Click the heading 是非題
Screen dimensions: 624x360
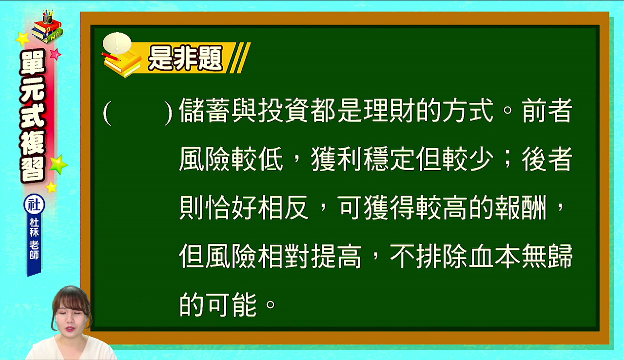click(x=186, y=58)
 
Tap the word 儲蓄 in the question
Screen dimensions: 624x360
click(x=204, y=110)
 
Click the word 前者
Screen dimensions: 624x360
click(x=547, y=110)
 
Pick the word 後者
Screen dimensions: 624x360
click(x=547, y=159)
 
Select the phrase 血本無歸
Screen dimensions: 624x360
click(x=520, y=257)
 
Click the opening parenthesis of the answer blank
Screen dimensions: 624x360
click(x=107, y=113)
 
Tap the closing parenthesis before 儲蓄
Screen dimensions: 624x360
click(x=168, y=113)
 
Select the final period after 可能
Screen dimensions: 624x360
click(x=271, y=304)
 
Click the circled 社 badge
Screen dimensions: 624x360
click(x=34, y=204)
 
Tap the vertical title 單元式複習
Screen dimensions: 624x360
click(x=33, y=116)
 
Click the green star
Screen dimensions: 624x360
click(x=58, y=164)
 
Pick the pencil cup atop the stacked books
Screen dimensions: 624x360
click(x=47, y=17)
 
